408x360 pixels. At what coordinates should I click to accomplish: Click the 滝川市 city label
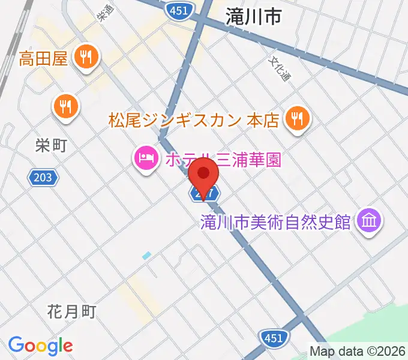254,17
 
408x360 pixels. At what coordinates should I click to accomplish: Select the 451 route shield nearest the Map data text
273,338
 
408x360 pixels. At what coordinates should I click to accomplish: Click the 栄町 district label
50,146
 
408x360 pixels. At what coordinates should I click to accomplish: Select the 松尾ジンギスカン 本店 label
194,120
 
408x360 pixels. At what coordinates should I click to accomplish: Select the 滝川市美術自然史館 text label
275,222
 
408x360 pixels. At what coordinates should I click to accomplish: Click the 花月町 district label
71,311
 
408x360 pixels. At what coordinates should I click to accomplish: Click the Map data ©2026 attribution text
358,351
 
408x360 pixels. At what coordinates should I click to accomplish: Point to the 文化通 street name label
280,69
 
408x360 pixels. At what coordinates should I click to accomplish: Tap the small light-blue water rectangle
147,256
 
